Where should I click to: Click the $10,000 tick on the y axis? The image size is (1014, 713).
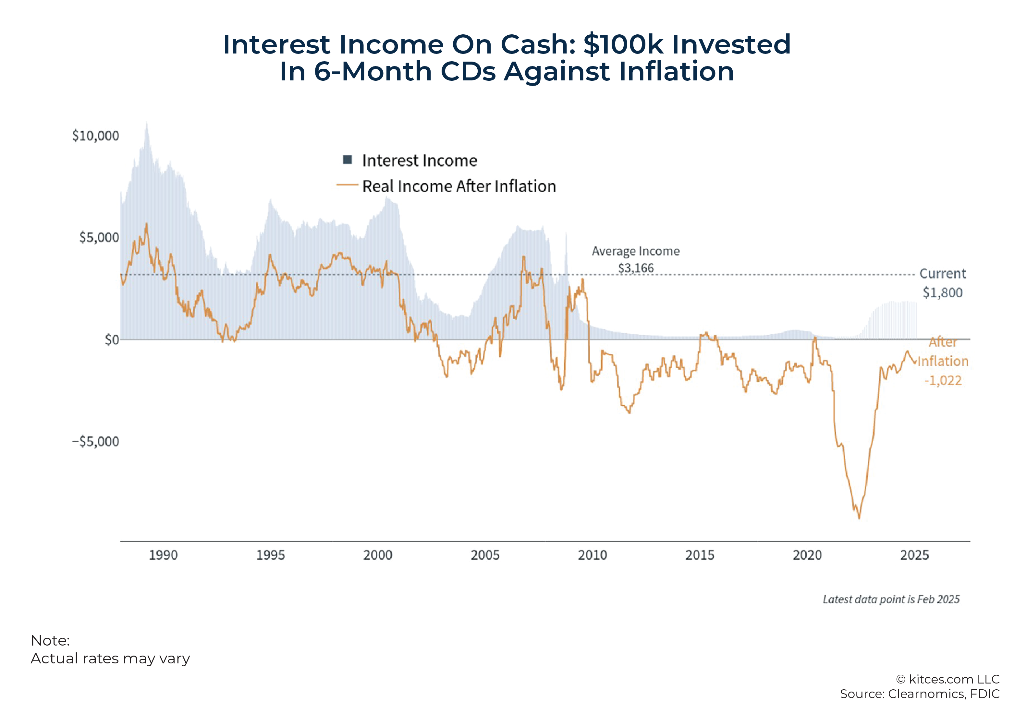95,136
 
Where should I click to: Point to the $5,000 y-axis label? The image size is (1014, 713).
99,237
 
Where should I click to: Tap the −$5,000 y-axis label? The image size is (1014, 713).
95,441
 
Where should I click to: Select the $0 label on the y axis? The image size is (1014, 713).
112,340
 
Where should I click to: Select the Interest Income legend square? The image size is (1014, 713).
348,160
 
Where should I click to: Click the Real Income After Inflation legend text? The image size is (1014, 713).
459,186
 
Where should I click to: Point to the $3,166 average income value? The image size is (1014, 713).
636,268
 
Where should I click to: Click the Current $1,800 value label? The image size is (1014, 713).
943,292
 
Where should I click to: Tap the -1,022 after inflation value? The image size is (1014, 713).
943,380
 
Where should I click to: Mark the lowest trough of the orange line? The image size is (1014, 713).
859,518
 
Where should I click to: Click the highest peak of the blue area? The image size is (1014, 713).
147,123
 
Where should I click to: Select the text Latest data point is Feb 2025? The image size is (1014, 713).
891,599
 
